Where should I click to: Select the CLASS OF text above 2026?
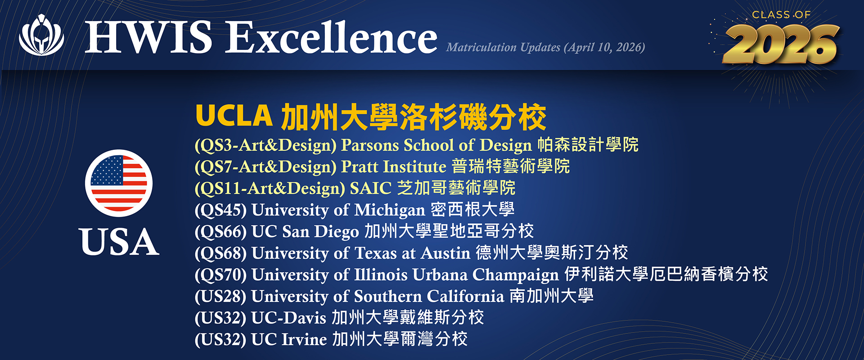pos(782,15)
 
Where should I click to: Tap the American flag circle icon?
pos(119,183)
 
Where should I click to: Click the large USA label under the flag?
pos(119,242)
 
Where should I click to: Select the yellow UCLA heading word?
pos(234,116)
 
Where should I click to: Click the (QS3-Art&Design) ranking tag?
pos(265,145)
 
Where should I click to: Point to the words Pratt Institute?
pos(394,166)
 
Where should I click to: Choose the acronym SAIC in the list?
pos(371,188)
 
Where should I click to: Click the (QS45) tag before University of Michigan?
pos(220,210)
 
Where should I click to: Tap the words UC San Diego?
pos(305,231)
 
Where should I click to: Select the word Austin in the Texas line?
pos(445,253)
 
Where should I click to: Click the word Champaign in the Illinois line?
pos(516,274)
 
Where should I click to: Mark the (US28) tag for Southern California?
pos(220,296)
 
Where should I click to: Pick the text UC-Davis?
pos(288,318)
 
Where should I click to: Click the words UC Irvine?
pos(289,339)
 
